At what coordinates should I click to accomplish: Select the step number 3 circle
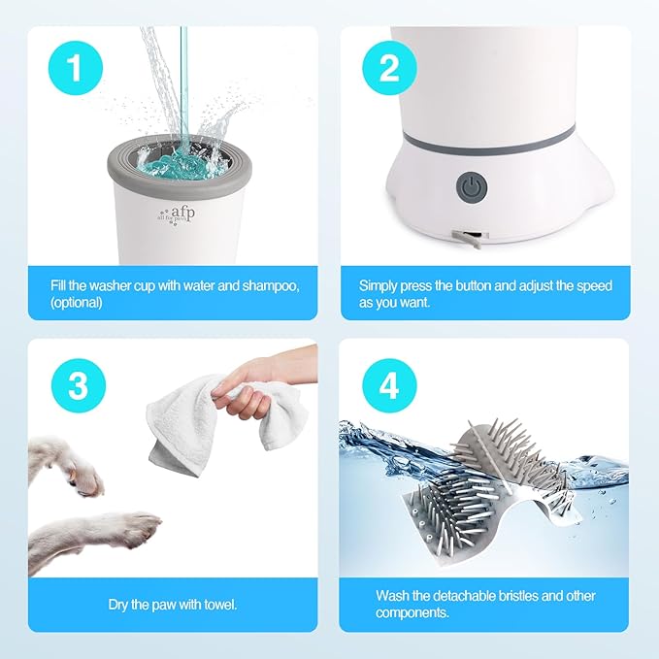[78, 386]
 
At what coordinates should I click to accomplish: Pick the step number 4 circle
[388, 386]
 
